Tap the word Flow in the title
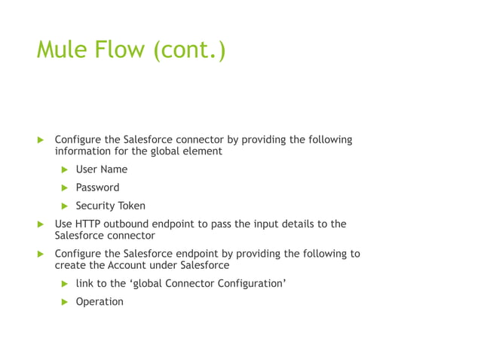[x=121, y=51]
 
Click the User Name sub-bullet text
[x=101, y=169]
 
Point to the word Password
[x=97, y=188]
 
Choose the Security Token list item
[x=110, y=206]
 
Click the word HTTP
[x=87, y=224]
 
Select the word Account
[x=130, y=265]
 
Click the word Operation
[x=99, y=301]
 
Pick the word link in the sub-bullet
[x=84, y=283]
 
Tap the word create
[x=70, y=265]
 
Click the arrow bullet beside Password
[x=65, y=188]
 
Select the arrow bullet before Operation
[x=65, y=302]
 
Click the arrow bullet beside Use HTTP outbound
[x=41, y=224]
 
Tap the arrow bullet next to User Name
[x=65, y=169]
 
